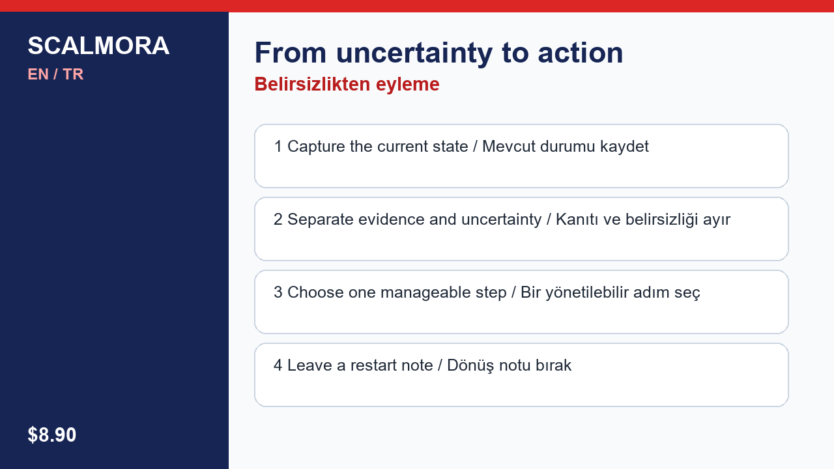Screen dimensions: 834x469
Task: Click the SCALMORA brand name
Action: click(x=98, y=46)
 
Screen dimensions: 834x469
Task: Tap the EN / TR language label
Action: click(x=55, y=74)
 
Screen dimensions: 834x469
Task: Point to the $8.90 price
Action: click(x=51, y=434)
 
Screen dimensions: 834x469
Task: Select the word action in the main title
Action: click(x=581, y=53)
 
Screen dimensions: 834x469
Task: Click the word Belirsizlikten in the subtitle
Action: click(x=312, y=84)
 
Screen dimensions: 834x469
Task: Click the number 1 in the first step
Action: click(x=278, y=147)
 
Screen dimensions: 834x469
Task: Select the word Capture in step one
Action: click(x=317, y=147)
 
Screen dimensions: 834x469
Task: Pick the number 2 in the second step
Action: click(x=278, y=220)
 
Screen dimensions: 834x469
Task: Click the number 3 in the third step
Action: click(x=278, y=292)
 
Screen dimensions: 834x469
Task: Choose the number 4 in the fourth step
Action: click(x=278, y=365)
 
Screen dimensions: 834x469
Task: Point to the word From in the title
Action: click(x=291, y=53)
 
